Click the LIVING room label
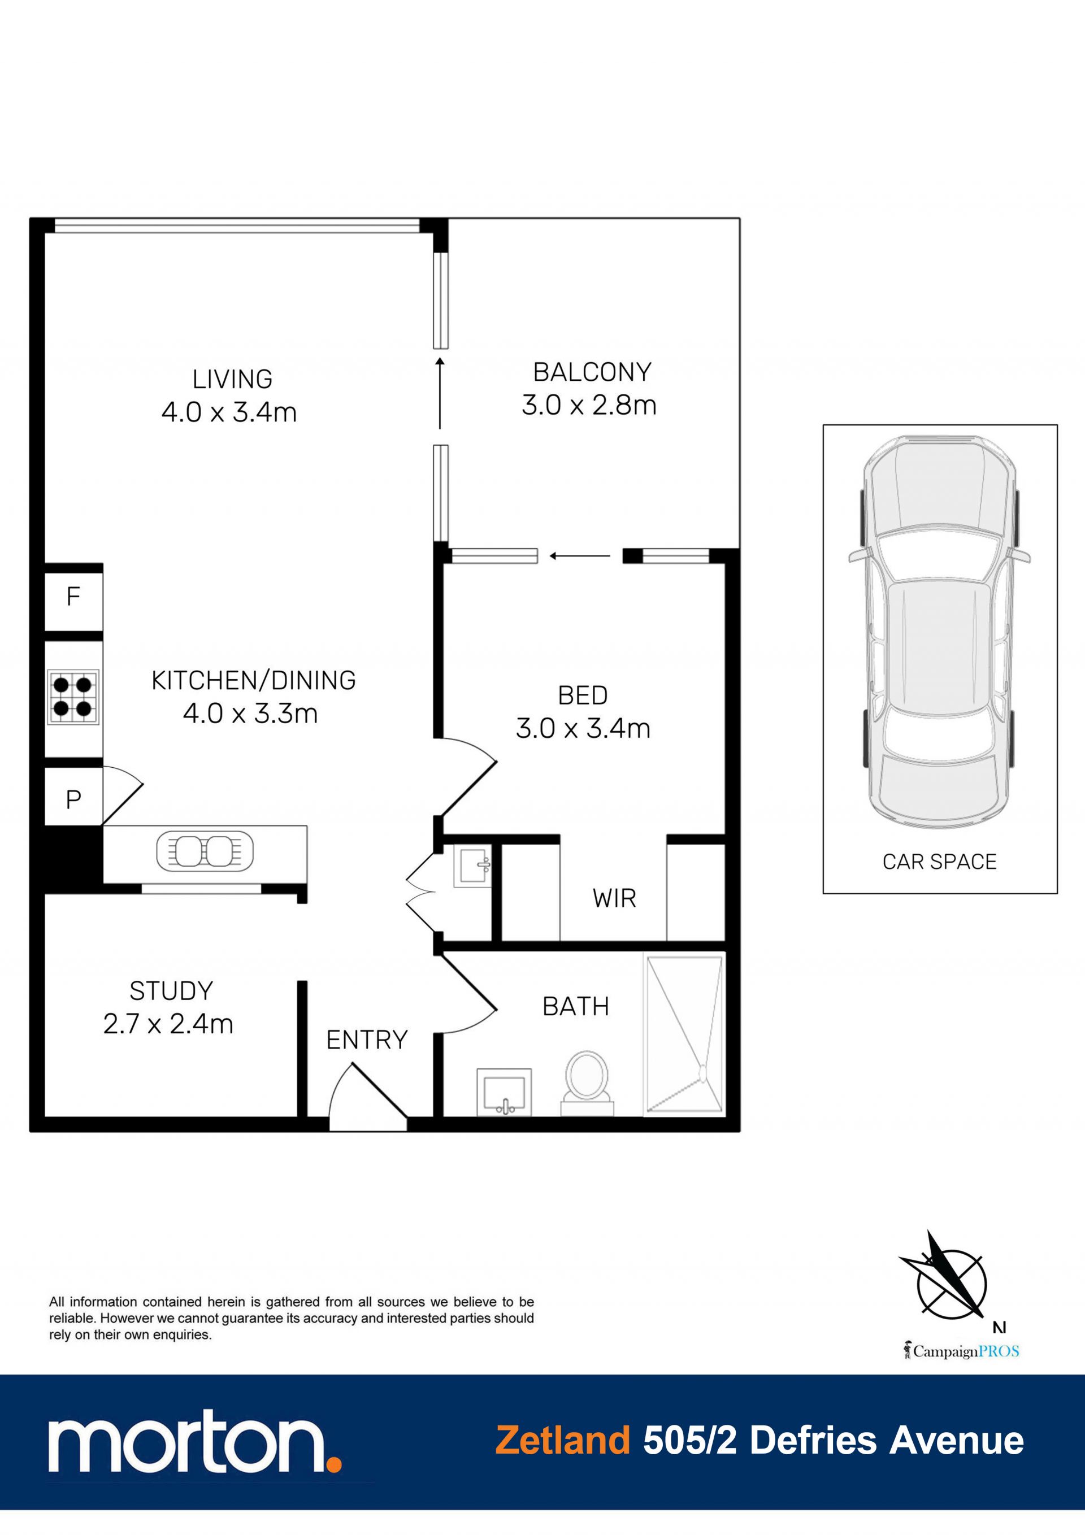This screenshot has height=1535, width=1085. pyautogui.click(x=232, y=379)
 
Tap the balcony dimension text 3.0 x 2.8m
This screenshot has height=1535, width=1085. pyautogui.click(x=589, y=405)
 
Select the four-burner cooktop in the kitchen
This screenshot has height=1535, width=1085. pyautogui.click(x=73, y=697)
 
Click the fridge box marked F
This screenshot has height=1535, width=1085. pyautogui.click(x=73, y=597)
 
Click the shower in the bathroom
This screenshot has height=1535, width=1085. pyautogui.click(x=684, y=1034)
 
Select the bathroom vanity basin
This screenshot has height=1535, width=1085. pyautogui.click(x=505, y=1092)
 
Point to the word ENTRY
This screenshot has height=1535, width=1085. pyautogui.click(x=367, y=1040)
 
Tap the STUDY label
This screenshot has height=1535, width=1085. pyautogui.click(x=171, y=991)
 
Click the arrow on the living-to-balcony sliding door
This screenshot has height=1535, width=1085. pyautogui.click(x=440, y=393)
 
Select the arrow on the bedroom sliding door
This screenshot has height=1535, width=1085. pyautogui.click(x=580, y=555)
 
